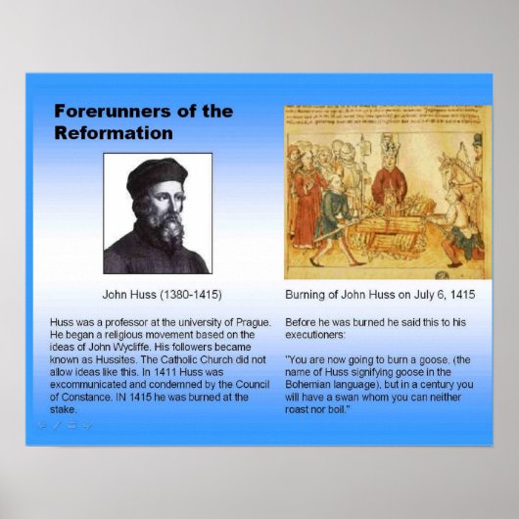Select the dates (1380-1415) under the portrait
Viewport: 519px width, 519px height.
(x=188, y=294)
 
